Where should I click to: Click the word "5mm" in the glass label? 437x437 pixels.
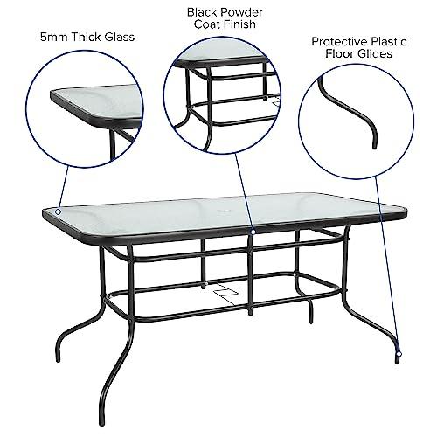[x=54, y=38]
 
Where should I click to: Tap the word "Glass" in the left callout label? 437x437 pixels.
[x=120, y=38]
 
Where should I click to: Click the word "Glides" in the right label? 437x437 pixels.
[x=374, y=54]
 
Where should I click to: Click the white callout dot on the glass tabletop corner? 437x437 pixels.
[x=59, y=212]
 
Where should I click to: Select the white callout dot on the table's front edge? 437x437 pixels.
[x=253, y=232]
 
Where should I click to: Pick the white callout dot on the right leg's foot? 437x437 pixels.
[x=399, y=354]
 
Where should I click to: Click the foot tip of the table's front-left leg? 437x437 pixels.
[x=102, y=422]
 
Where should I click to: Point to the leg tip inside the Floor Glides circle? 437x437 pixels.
[x=375, y=146]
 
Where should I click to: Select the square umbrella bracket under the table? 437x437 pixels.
[x=225, y=292]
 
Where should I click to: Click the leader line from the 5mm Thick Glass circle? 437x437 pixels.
[x=63, y=187]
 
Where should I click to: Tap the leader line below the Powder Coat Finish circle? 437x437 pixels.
[x=244, y=191]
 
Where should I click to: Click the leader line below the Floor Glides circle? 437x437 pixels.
[x=387, y=264]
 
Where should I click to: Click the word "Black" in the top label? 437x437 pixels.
[x=202, y=12]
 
